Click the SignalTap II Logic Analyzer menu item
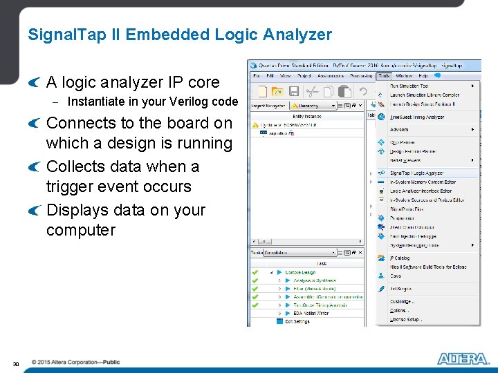click(416, 173)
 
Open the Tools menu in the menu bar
click(385, 75)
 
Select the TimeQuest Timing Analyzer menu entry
click(416, 117)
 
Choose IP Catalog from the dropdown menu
click(400, 258)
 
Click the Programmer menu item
click(406, 218)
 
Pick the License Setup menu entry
click(405, 320)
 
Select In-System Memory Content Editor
click(421, 182)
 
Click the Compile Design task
click(299, 273)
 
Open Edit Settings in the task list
click(297, 321)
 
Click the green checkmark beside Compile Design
click(255, 273)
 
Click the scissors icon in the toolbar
click(312, 91)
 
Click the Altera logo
click(463, 358)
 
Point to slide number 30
click(16, 363)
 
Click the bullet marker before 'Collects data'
click(35, 167)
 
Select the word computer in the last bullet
click(80, 230)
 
